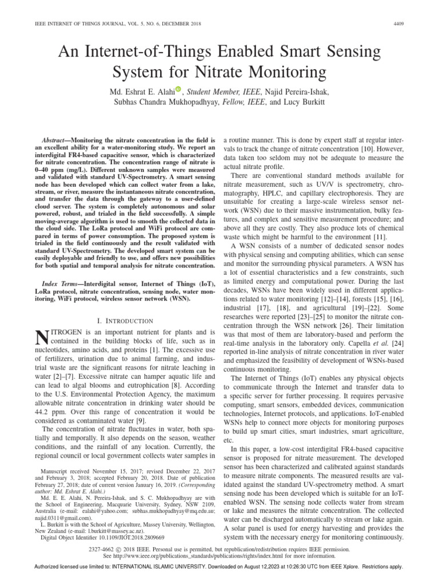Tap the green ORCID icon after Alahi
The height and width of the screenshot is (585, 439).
tap(178, 89)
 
